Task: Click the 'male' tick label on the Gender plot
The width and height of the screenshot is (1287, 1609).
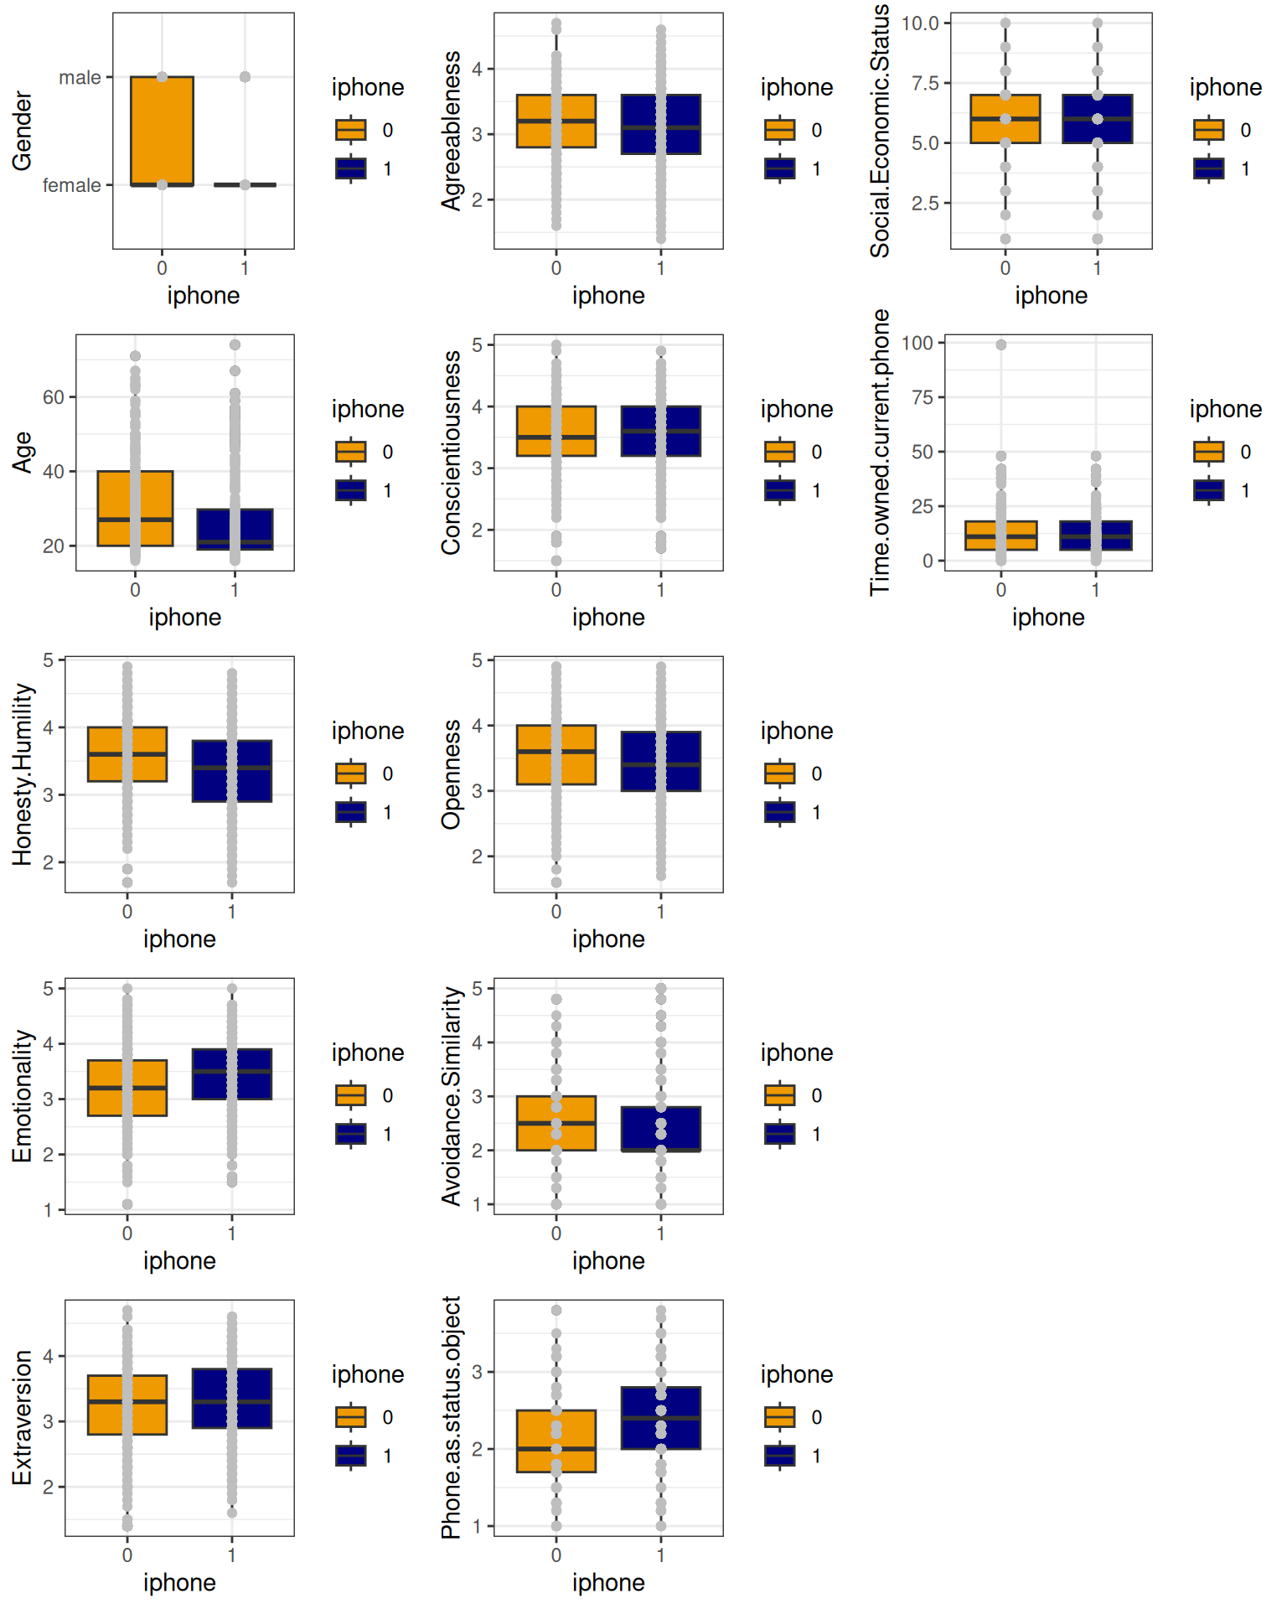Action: pyautogui.click(x=80, y=78)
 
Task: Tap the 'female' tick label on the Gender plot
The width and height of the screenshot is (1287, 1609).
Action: pyautogui.click(x=72, y=185)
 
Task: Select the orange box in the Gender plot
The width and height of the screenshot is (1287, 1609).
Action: pyautogui.click(x=162, y=131)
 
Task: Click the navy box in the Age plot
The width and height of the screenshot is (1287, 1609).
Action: pyautogui.click(x=235, y=529)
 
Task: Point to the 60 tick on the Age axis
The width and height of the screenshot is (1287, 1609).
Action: pyautogui.click(x=54, y=397)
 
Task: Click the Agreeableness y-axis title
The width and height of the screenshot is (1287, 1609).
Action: pyautogui.click(x=452, y=131)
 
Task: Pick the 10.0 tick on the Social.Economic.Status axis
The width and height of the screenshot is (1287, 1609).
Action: pyautogui.click(x=920, y=23)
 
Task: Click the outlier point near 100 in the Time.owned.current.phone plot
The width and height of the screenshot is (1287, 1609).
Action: pyautogui.click(x=1000, y=344)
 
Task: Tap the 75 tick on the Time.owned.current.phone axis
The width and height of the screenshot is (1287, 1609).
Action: pyautogui.click(x=922, y=397)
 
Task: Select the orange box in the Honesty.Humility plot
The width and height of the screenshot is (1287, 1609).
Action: pyautogui.click(x=127, y=754)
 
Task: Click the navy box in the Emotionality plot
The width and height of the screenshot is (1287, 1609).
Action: pyautogui.click(x=232, y=1074)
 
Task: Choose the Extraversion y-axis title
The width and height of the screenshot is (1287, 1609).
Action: pyautogui.click(x=23, y=1417)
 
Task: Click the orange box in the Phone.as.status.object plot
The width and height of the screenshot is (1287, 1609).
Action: pyautogui.click(x=556, y=1441)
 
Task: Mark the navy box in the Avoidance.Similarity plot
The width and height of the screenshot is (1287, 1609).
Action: pyautogui.click(x=661, y=1129)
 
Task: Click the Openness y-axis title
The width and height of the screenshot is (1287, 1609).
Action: pyautogui.click(x=452, y=774)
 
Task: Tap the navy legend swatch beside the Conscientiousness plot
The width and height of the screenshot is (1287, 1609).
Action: pyautogui.click(x=780, y=490)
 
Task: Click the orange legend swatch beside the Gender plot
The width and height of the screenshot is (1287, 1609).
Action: pyautogui.click(x=351, y=130)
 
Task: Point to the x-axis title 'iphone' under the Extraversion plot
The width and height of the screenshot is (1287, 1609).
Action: pyautogui.click(x=179, y=1582)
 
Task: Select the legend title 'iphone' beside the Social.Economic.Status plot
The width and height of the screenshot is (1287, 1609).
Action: pyautogui.click(x=1226, y=87)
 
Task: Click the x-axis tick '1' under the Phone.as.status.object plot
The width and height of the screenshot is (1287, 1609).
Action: pyautogui.click(x=661, y=1555)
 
